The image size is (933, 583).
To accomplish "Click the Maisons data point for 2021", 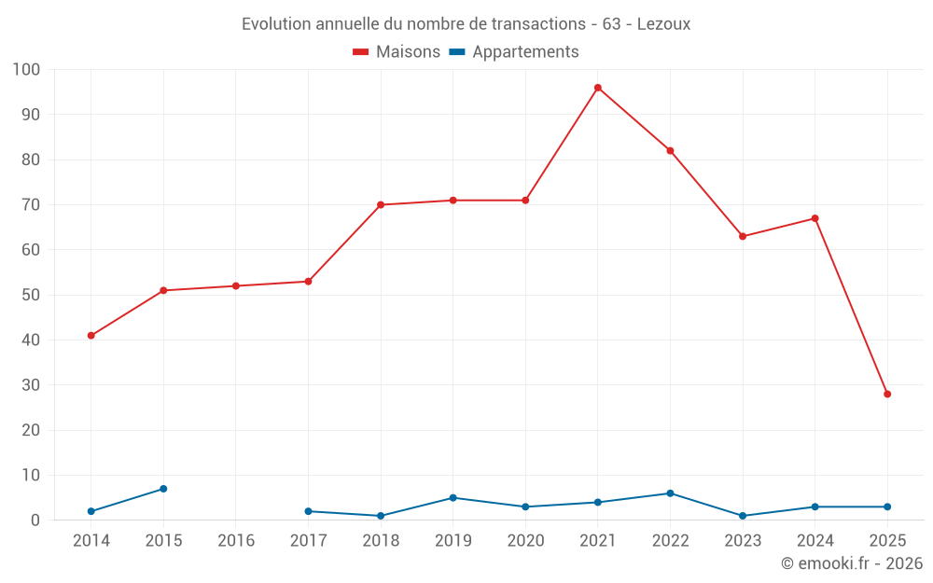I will [598, 88].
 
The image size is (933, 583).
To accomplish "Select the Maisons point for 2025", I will [887, 394].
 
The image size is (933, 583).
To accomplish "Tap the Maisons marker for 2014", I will [91, 336].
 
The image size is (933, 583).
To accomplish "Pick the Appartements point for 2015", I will [163, 489].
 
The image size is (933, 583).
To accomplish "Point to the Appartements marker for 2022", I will [670, 493].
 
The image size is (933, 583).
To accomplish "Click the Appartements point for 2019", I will [453, 498].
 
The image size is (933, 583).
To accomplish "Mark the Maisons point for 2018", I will [381, 204].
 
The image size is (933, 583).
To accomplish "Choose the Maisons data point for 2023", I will [743, 236].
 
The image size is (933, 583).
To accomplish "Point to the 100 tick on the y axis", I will [27, 70].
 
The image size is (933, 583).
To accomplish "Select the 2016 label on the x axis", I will [236, 541].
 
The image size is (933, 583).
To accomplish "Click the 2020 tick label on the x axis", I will [525, 541].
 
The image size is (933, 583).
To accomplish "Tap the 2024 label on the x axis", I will [815, 541].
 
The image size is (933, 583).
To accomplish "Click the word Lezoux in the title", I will [663, 24].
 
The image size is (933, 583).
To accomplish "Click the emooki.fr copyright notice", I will [852, 563].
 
